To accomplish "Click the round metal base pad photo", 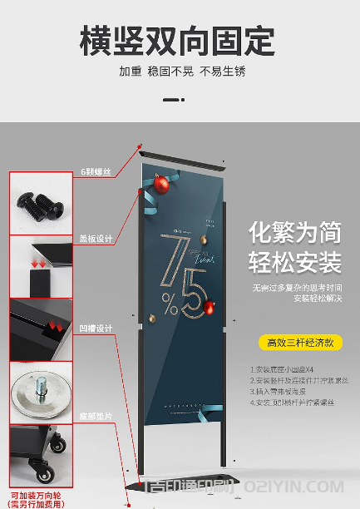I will click(40, 392).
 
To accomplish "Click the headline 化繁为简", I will click(294, 232).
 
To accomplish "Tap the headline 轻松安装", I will click(294, 264).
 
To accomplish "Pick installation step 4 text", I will click(292, 403).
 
